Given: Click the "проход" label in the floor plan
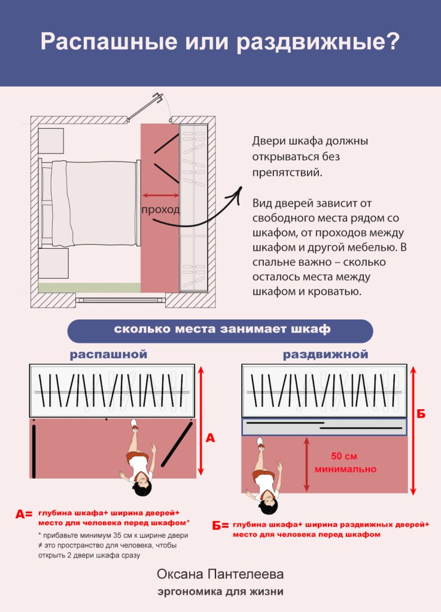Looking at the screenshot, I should [160, 210].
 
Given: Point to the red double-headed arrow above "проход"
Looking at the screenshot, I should [161, 195].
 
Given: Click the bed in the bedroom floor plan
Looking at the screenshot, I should [90, 203].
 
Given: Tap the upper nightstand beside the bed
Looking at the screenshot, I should [51, 141].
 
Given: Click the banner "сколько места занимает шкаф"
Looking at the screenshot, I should [220, 330].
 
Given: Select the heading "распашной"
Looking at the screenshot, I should [108, 355].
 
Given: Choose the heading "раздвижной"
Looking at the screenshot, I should [326, 355].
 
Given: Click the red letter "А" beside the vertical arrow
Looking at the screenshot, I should [210, 439].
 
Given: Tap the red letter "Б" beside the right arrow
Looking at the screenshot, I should [421, 414].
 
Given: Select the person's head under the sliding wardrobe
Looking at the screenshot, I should [269, 506].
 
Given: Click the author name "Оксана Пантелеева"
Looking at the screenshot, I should [220, 574].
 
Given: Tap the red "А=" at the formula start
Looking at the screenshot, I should [24, 513].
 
